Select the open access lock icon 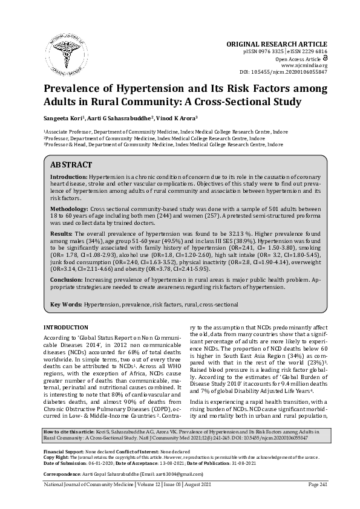click(x=324, y=59)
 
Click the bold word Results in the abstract click(x=61, y=233)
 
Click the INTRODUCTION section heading click(x=67, y=327)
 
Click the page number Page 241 click(x=317, y=501)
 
